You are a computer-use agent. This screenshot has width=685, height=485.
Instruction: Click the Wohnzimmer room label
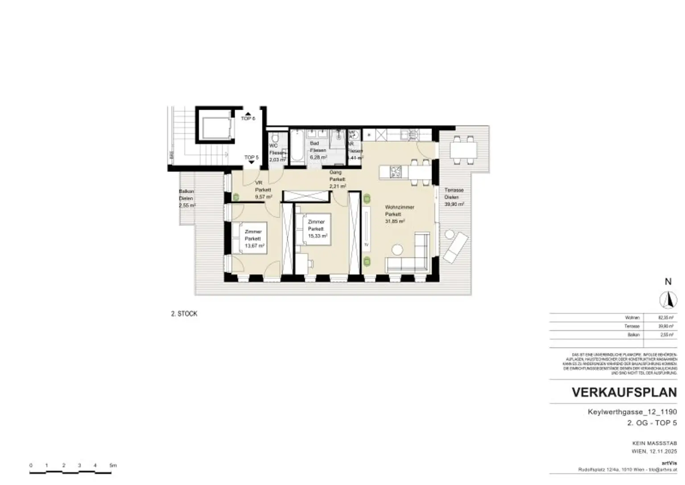tap(400, 207)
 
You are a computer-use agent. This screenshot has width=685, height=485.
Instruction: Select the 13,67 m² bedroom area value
tap(255, 246)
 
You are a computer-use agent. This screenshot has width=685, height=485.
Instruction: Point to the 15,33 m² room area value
tap(318, 236)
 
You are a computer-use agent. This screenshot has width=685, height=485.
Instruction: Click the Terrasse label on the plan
tap(454, 190)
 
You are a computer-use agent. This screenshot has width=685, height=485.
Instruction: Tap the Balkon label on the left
tap(186, 191)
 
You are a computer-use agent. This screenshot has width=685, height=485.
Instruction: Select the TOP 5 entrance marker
tap(251, 158)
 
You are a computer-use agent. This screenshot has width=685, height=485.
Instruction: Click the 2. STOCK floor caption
tap(184, 314)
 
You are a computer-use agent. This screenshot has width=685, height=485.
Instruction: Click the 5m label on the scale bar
tap(113, 465)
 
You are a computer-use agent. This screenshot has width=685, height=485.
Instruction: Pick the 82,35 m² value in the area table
tap(665, 318)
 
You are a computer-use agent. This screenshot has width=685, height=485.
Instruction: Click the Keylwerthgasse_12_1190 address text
tap(632, 412)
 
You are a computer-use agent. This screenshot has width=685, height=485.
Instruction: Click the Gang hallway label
tap(335, 172)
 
